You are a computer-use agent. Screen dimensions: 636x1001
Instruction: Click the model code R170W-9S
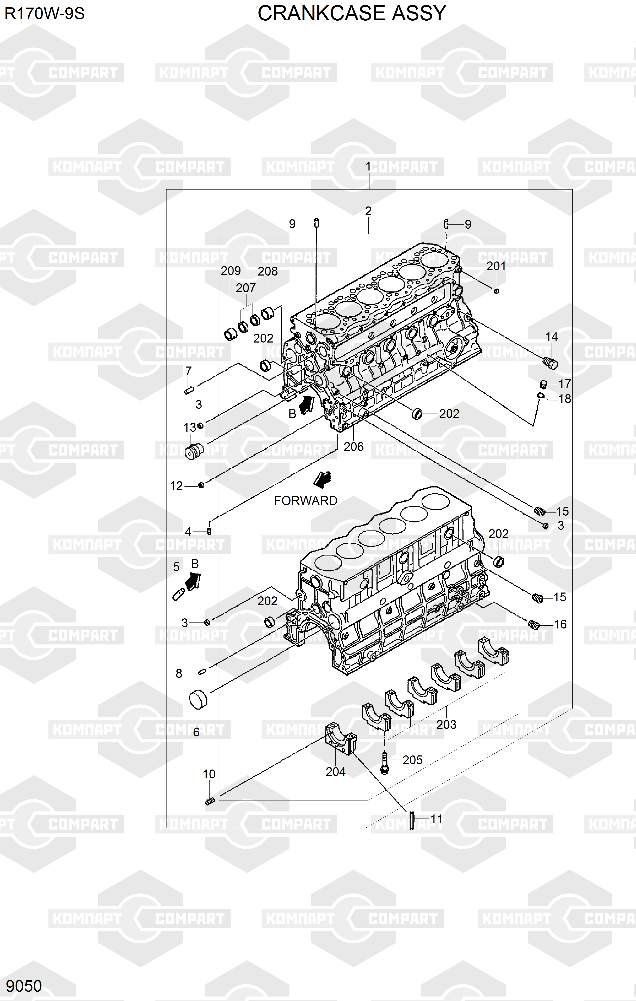[x=45, y=14]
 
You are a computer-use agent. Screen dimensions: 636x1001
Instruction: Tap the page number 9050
[x=24, y=986]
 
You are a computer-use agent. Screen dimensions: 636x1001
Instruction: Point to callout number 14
[x=551, y=337]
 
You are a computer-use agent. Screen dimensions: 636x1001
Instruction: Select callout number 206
[x=354, y=447]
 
